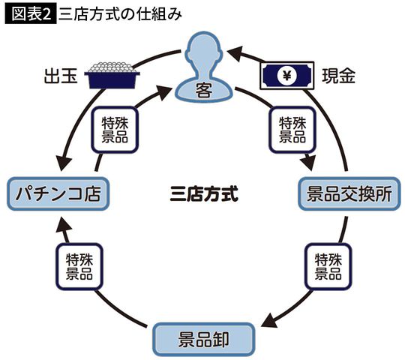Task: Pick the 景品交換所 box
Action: coord(349,194)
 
